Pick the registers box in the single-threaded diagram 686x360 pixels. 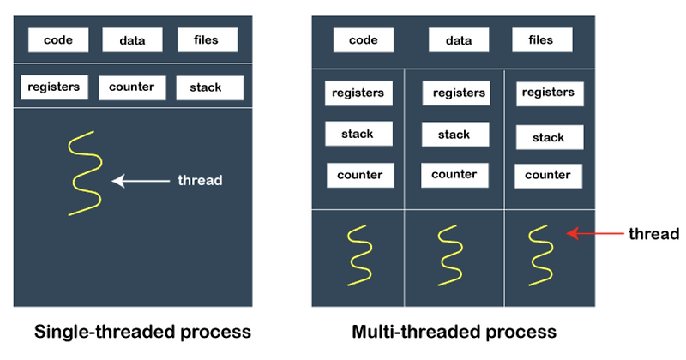coord(53,87)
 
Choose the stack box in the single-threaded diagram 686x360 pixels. coord(210,87)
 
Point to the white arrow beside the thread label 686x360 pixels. coord(141,181)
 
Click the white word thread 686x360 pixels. coord(200,180)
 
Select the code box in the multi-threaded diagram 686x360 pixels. coord(363,39)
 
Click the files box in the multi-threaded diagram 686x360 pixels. coord(542,39)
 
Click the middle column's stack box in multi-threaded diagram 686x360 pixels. coord(454,135)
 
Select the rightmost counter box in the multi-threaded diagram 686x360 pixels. coord(548,176)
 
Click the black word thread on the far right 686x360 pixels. coord(653,234)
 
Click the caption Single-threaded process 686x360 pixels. coord(141,331)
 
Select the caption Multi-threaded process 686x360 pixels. coord(454,331)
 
